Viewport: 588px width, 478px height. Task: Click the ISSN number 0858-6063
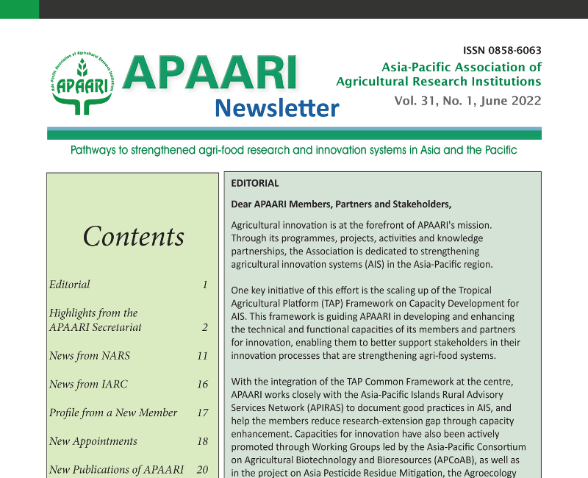(503, 51)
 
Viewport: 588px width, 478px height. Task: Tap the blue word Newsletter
(277, 108)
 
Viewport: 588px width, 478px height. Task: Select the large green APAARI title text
(210, 74)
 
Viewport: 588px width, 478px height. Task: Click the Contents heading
(134, 236)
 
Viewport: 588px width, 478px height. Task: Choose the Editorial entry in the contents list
(70, 285)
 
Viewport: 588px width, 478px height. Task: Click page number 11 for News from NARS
(202, 356)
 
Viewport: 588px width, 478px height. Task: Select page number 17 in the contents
(202, 413)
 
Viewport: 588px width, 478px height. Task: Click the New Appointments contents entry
(93, 441)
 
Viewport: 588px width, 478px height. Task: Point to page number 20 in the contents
(202, 469)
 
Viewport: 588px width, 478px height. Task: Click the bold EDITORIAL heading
(255, 183)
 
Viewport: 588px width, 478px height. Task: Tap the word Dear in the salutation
(243, 204)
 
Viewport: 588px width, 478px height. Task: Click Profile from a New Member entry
(113, 413)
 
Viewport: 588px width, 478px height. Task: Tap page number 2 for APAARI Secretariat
(205, 327)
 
